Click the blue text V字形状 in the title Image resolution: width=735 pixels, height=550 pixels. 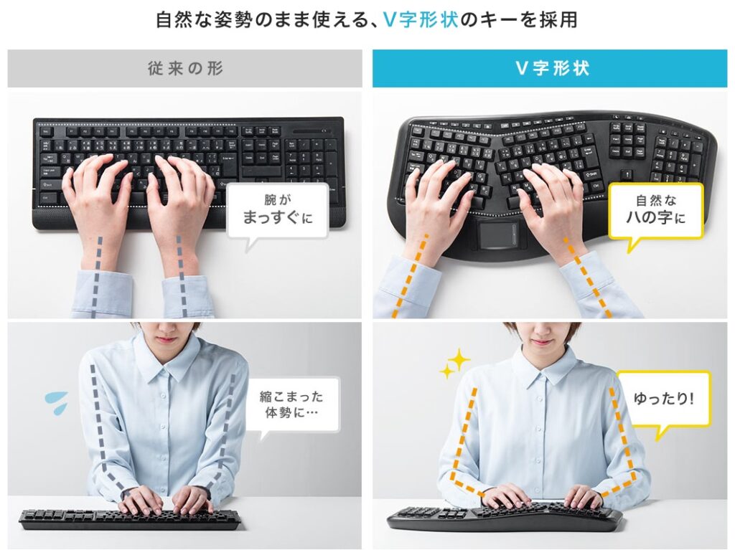(420, 19)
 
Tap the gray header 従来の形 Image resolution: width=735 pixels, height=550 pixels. (185, 69)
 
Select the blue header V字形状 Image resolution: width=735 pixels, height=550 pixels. (552, 69)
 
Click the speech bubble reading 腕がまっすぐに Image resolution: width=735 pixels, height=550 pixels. (278, 210)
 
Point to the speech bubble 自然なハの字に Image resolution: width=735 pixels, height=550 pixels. (655, 209)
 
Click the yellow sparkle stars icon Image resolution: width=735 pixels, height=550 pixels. (455, 364)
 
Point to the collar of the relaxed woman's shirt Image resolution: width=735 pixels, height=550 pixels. (543, 367)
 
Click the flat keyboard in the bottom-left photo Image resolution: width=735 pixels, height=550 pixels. (129, 518)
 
